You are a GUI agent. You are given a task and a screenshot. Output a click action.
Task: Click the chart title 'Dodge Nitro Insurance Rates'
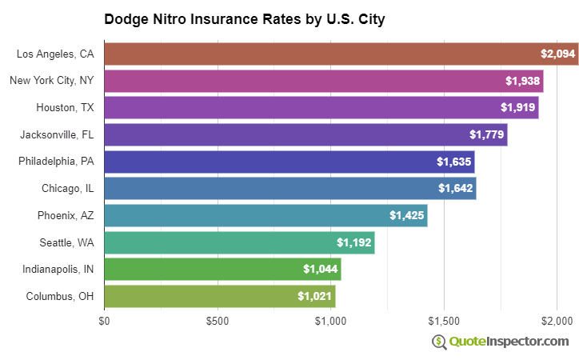click(245, 18)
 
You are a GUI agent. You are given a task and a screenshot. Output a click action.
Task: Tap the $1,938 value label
click(522, 81)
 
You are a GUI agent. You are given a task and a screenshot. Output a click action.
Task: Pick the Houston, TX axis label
click(65, 107)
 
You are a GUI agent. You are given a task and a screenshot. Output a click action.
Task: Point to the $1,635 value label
click(453, 162)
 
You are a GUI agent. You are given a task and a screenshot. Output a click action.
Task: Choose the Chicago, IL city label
click(67, 189)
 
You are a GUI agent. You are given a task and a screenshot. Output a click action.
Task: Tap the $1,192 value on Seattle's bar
click(353, 242)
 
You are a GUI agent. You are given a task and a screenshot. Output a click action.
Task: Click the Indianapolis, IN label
click(58, 270)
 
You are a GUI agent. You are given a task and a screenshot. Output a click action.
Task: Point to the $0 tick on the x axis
click(104, 322)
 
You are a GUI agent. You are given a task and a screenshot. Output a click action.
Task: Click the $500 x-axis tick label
click(218, 322)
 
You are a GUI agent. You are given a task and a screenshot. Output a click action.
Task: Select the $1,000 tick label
click(330, 322)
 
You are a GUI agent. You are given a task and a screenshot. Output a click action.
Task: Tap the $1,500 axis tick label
click(444, 322)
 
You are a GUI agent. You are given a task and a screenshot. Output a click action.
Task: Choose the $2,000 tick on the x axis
click(557, 322)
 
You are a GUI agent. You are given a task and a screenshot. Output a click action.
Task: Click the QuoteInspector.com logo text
click(509, 342)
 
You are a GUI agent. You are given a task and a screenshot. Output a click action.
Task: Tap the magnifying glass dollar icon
click(439, 342)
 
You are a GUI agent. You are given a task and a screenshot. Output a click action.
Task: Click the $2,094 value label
click(557, 54)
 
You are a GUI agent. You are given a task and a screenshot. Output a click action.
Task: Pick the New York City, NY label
click(52, 80)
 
